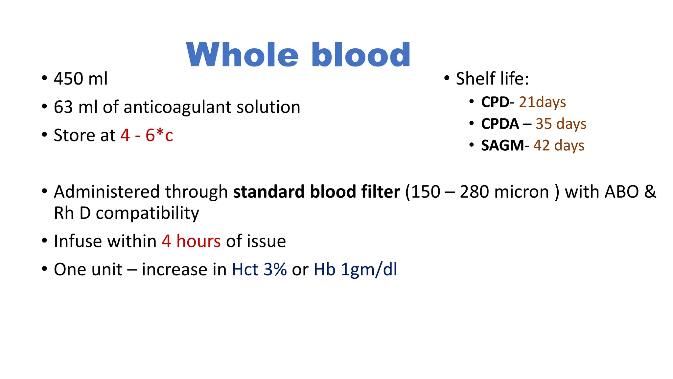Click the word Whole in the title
242,55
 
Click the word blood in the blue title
360,55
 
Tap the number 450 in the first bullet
68,79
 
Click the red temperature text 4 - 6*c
147,135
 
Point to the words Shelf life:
492,79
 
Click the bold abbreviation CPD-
497,102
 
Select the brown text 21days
542,102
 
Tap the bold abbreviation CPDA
500,124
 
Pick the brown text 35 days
561,124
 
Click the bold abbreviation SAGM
502,145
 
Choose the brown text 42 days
559,145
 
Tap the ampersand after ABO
650,192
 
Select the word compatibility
147,213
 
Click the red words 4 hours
191,241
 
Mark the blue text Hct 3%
259,269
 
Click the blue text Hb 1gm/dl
355,269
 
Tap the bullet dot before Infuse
45,240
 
